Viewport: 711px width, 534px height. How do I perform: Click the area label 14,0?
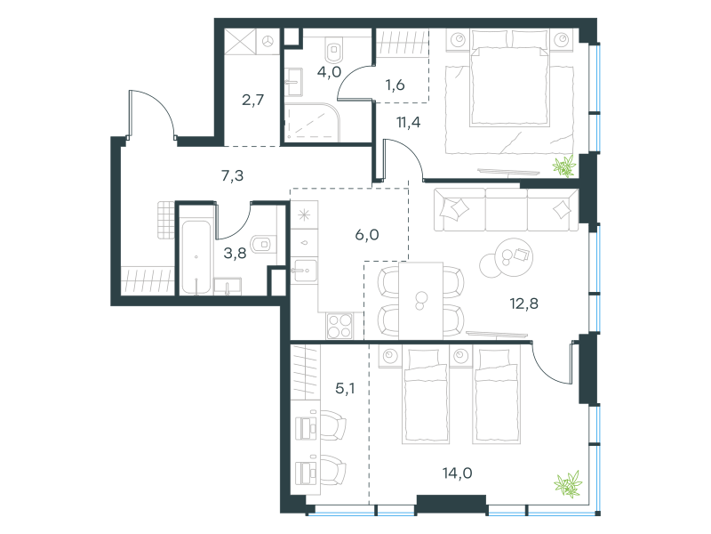pyautogui.click(x=457, y=473)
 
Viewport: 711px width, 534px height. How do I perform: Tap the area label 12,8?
pyautogui.click(x=523, y=303)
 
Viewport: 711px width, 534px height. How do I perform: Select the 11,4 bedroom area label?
pyautogui.click(x=408, y=122)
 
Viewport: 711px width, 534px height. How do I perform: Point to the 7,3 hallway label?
pyautogui.click(x=232, y=174)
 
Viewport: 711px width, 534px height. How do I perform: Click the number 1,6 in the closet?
pyautogui.click(x=395, y=85)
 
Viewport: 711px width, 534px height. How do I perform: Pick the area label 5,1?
pyautogui.click(x=345, y=388)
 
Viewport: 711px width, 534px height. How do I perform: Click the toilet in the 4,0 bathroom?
pyautogui.click(x=335, y=50)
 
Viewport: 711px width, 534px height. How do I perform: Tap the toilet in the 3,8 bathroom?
pyautogui.click(x=263, y=244)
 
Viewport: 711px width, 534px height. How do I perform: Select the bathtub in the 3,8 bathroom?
pyautogui.click(x=196, y=257)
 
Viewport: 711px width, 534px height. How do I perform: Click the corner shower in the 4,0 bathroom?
pyautogui.click(x=312, y=123)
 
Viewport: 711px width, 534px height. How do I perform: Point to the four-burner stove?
pyautogui.click(x=340, y=326)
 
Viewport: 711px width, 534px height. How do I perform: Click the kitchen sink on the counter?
pyautogui.click(x=304, y=271)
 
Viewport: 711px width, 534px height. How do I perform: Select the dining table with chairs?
pyautogui.click(x=420, y=301)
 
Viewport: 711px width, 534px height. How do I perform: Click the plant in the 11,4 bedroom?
pyautogui.click(x=564, y=166)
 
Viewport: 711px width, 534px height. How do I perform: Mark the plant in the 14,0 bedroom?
pyautogui.click(x=568, y=483)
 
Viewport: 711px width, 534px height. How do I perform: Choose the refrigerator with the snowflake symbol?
pyautogui.click(x=304, y=214)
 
